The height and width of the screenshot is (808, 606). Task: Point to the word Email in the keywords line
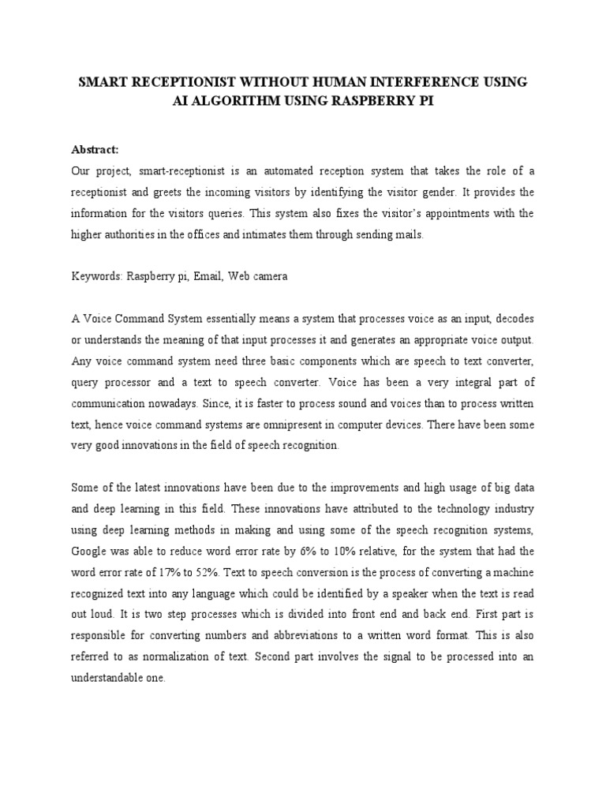click(x=207, y=276)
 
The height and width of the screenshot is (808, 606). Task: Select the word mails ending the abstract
click(x=411, y=234)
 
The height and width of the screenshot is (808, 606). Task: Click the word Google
click(x=91, y=550)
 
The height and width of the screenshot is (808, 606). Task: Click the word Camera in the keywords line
click(x=268, y=276)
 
